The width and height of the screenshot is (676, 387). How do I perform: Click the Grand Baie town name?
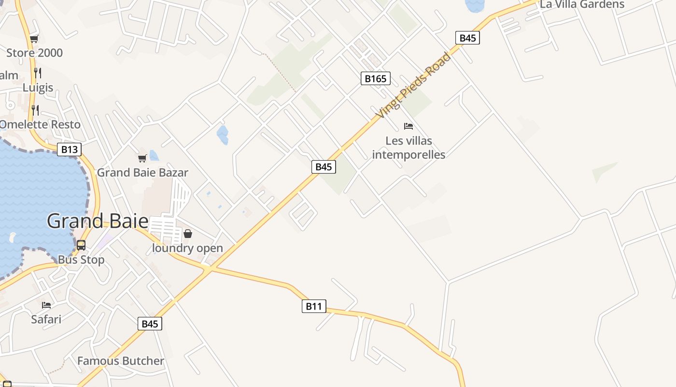pyautogui.click(x=98, y=221)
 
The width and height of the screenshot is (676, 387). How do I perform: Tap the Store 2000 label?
pyautogui.click(x=34, y=53)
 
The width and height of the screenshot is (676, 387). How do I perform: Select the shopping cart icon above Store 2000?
pyautogui.click(x=34, y=39)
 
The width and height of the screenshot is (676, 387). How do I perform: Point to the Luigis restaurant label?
pyautogui.click(x=38, y=88)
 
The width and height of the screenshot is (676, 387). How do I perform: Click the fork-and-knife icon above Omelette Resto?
pyautogui.click(x=34, y=109)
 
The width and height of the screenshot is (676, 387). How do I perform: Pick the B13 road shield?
pyautogui.click(x=69, y=149)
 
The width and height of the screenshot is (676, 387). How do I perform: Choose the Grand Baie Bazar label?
pyautogui.click(x=142, y=173)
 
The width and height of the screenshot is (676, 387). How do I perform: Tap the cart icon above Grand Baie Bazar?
pyautogui.click(x=142, y=158)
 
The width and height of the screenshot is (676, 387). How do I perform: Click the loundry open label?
pyautogui.click(x=187, y=248)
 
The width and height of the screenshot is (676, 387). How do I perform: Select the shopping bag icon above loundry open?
pyautogui.click(x=188, y=234)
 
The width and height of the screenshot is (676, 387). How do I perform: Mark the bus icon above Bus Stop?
pyautogui.click(x=81, y=245)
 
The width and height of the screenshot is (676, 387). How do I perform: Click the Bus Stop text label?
pyautogui.click(x=81, y=260)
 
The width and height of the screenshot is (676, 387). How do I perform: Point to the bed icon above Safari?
pyautogui.click(x=46, y=305)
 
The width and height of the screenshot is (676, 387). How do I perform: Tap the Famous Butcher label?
pyautogui.click(x=121, y=361)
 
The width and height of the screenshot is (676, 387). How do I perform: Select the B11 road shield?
pyautogui.click(x=314, y=306)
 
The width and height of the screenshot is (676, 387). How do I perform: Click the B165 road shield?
pyautogui.click(x=375, y=78)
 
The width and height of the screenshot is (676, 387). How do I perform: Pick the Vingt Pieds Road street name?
pyautogui.click(x=413, y=85)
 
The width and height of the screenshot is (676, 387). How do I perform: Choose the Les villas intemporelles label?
pyautogui.click(x=408, y=148)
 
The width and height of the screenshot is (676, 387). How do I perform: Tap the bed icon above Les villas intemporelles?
pyautogui.click(x=408, y=126)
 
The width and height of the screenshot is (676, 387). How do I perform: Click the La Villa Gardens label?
pyautogui.click(x=582, y=5)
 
